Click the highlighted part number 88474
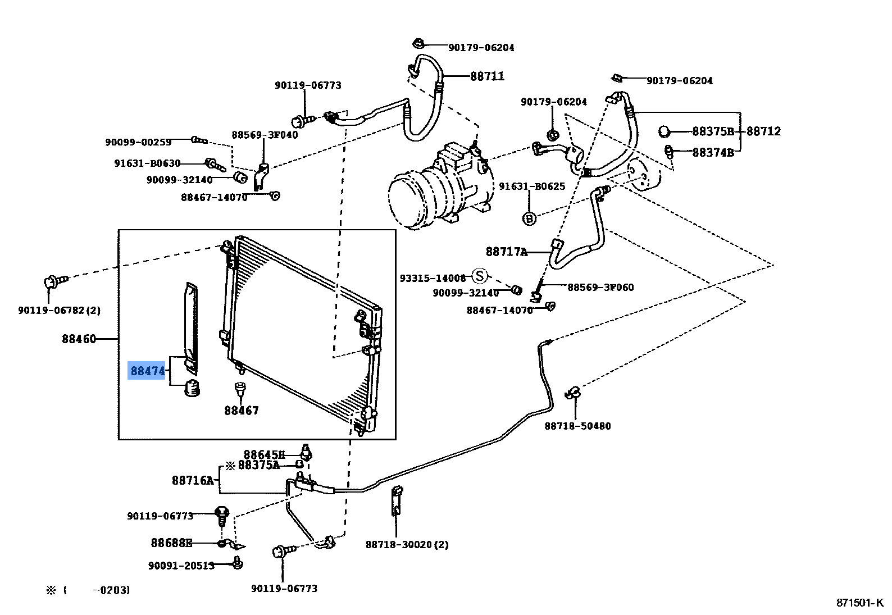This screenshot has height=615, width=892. point(147,371)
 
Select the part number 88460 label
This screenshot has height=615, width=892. point(79,339)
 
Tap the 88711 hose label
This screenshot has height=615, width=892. point(487,76)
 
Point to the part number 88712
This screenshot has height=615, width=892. point(763,131)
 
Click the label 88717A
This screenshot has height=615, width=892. point(507,252)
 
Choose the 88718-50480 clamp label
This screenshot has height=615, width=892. point(577,426)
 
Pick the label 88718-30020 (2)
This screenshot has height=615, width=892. point(407,545)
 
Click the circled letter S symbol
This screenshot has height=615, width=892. point(479,276)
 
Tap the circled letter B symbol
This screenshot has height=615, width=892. point(529,218)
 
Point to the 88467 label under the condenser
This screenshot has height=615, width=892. point(242,411)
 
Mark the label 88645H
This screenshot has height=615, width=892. point(264,454)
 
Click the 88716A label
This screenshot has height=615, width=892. point(193,481)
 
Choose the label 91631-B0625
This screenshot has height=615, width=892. point(532,186)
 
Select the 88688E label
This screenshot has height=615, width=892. point(171,543)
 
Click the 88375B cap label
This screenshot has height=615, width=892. point(713,131)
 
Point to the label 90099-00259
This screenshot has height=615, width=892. point(138,143)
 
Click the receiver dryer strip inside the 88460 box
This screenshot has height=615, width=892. point(191,326)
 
